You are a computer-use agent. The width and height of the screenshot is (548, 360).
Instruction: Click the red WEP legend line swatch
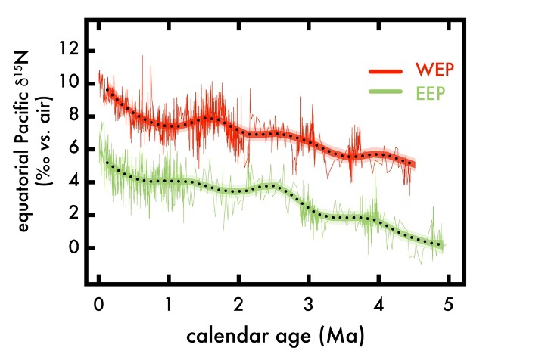point(388,71)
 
